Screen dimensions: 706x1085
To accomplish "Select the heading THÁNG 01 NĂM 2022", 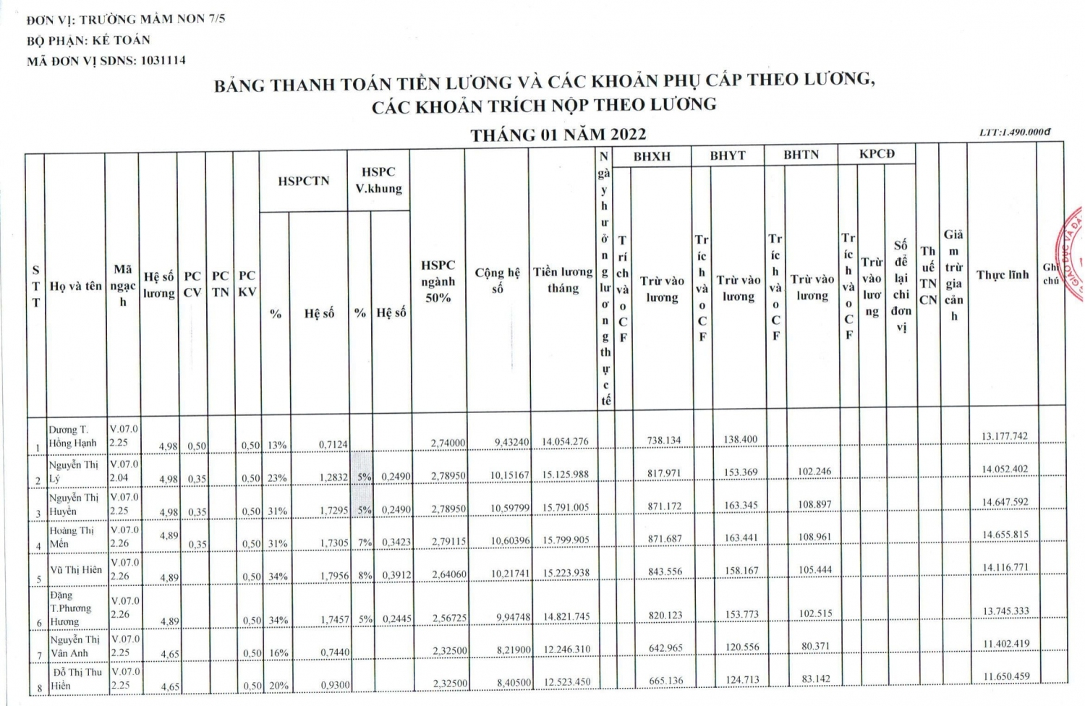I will click(x=558, y=135).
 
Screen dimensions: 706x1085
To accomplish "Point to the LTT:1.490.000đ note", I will click(x=1014, y=132).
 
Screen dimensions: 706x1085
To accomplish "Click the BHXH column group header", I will click(x=652, y=156).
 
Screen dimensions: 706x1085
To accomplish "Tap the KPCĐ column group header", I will click(x=877, y=154).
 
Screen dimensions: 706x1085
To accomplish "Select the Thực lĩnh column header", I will click(x=1002, y=275).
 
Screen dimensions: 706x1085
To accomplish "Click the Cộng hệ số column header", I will click(x=497, y=280).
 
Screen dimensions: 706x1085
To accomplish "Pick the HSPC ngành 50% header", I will click(x=438, y=281).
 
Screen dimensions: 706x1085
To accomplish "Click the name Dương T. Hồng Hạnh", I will click(x=72, y=436).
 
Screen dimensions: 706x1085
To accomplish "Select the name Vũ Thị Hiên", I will click(x=76, y=569).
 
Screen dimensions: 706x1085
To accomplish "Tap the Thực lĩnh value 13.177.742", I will click(x=1005, y=436).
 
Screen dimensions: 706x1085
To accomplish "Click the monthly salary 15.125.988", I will click(x=566, y=475).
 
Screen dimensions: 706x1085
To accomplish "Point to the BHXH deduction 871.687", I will click(x=664, y=538).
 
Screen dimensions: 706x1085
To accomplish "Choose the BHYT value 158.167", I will click(x=741, y=571).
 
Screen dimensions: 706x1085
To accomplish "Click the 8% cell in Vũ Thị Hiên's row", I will click(x=361, y=576).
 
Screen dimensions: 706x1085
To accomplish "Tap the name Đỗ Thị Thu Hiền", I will click(x=75, y=679).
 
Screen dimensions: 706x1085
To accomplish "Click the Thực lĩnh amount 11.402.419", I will click(x=1005, y=644).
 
